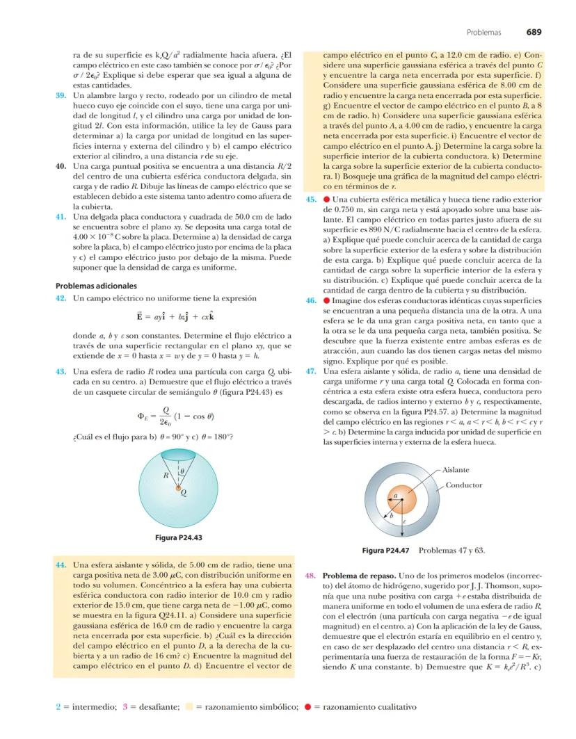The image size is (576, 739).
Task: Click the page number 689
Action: point(534,31)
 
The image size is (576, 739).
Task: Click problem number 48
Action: point(312,577)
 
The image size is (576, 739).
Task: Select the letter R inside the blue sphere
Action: point(166,476)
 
